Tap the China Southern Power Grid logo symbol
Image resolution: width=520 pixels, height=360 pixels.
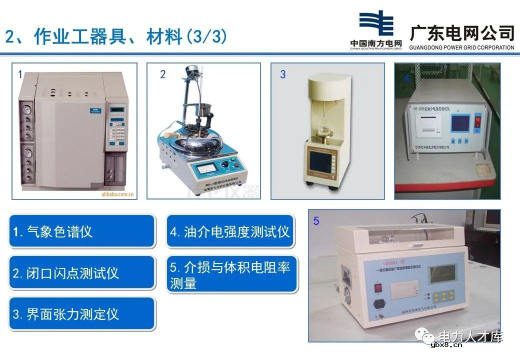click(376, 24)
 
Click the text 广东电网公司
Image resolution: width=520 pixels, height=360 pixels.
click(461, 33)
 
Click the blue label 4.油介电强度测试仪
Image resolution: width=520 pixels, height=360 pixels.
click(231, 231)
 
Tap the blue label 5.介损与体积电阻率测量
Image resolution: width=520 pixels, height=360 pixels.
click(231, 274)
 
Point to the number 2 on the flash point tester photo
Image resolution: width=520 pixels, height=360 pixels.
click(162, 75)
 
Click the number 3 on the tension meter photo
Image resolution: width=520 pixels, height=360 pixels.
click(283, 75)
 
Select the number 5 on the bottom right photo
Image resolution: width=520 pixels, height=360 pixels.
click(316, 221)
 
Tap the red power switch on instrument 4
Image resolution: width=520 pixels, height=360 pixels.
click(477, 122)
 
